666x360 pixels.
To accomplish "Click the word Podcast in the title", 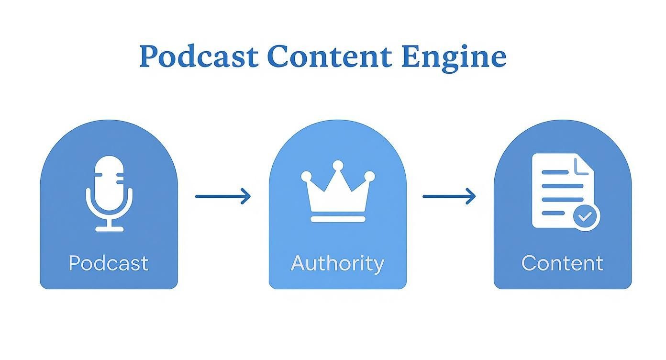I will [199, 56].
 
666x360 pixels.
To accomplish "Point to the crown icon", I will [338, 191].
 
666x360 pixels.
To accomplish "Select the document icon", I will [563, 191].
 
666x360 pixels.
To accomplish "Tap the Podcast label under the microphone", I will [109, 263].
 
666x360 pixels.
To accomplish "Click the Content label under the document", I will [562, 263].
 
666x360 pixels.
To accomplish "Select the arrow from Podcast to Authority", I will [222, 196].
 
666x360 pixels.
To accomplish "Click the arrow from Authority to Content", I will [449, 196].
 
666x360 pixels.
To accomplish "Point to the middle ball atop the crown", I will [338, 165].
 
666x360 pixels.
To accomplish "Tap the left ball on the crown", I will [306, 177].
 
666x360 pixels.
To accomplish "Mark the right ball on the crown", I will [369, 177].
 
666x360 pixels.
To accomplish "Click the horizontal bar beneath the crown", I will [338, 219].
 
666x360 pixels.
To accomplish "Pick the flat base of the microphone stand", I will [109, 229].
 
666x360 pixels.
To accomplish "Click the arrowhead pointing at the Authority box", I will [246, 196].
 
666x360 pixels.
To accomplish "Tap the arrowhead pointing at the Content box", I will [471, 196].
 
